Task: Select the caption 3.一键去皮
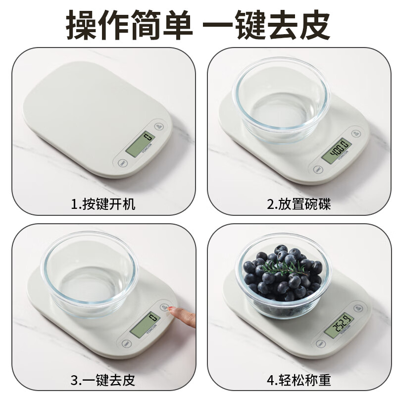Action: [x=102, y=381]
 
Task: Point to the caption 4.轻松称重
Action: [x=298, y=381]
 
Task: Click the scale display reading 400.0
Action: [x=337, y=150]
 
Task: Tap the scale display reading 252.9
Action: [x=339, y=325]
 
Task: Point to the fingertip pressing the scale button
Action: [x=172, y=311]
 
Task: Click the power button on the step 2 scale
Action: [x=355, y=133]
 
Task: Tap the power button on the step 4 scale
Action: [x=358, y=307]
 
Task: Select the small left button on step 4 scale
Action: [x=321, y=344]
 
